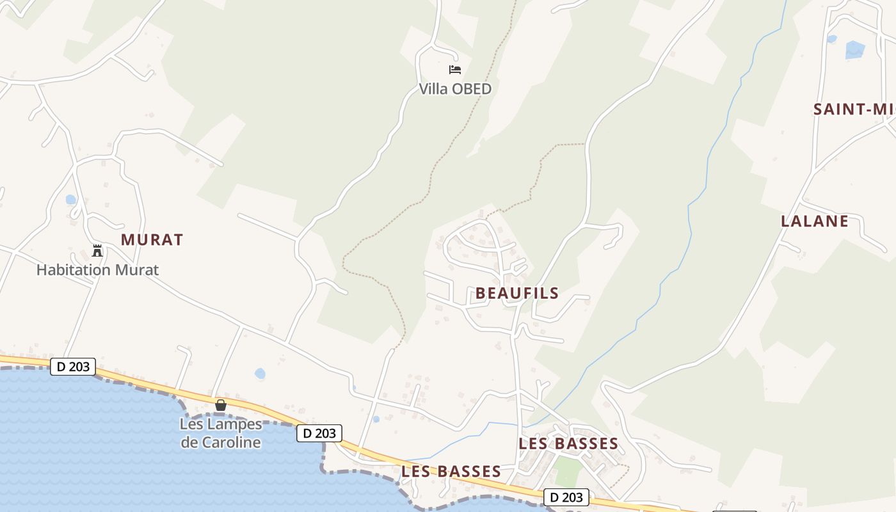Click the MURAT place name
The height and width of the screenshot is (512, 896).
coord(152,240)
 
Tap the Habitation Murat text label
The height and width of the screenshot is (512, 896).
coord(97,270)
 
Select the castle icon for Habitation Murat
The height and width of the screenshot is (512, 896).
coord(97,250)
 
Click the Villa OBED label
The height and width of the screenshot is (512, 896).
coord(455,89)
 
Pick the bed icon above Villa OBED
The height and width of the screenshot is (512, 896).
coord(455,70)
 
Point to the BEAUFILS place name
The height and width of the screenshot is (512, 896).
coord(516,294)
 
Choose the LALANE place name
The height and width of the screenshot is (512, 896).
coord(814,221)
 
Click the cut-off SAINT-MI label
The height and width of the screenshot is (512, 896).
coord(854,109)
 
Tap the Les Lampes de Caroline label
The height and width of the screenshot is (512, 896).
coord(221,433)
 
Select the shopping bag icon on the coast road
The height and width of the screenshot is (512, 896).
coord(221,405)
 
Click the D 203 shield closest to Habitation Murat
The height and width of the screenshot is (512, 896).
coord(73,367)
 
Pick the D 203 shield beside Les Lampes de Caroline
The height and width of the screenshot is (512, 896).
coord(319,433)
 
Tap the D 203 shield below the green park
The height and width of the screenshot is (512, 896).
coord(566,497)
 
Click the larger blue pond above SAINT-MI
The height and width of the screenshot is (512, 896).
coord(854,49)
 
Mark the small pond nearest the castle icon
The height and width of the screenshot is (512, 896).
coord(70,200)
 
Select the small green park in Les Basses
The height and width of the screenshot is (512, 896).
coord(567,470)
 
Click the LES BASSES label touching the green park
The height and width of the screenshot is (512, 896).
coord(568,444)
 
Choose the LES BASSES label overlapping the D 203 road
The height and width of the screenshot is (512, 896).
coord(451,472)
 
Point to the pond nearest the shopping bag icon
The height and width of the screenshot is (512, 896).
coord(259,373)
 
